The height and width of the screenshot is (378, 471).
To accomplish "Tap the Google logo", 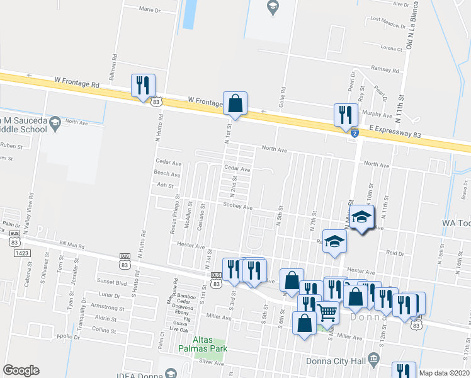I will point(21,370).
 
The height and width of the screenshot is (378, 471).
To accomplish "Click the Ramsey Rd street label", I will point(385,71).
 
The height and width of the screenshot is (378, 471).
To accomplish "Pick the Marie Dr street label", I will point(150,9).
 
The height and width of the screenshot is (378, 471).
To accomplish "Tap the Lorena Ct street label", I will point(391,48).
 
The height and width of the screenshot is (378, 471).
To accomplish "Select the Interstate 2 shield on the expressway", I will point(355,134).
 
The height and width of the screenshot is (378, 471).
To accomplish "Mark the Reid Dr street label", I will point(395,252).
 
